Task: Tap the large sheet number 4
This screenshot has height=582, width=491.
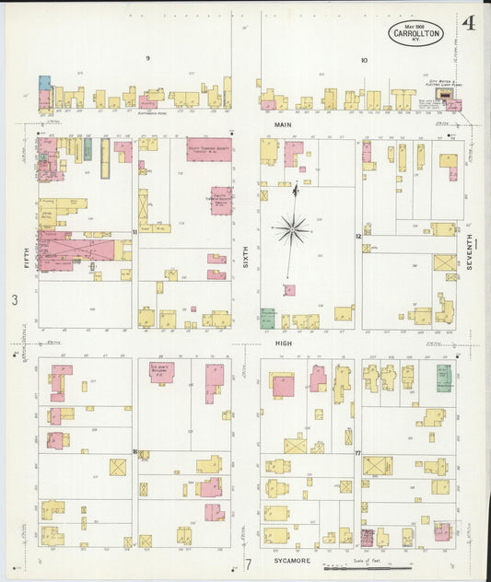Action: coord(469,24)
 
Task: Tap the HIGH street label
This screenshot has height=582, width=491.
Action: coord(282,343)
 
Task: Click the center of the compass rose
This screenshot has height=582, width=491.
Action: coord(294,226)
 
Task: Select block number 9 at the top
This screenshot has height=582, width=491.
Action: coord(147,58)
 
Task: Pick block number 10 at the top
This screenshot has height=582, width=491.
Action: coord(364,60)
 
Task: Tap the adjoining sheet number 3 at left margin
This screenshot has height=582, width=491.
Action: coord(14,300)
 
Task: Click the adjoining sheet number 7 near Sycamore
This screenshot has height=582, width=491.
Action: coord(247,564)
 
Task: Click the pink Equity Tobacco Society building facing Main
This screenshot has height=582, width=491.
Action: coord(208,149)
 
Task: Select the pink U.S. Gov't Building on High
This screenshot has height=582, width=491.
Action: coord(163,373)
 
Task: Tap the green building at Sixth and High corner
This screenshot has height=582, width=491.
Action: coord(268,318)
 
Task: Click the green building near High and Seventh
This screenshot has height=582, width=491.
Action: coord(444,376)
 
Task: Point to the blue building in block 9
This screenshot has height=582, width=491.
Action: coord(44,83)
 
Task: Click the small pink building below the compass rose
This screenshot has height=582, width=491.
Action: coord(289,290)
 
